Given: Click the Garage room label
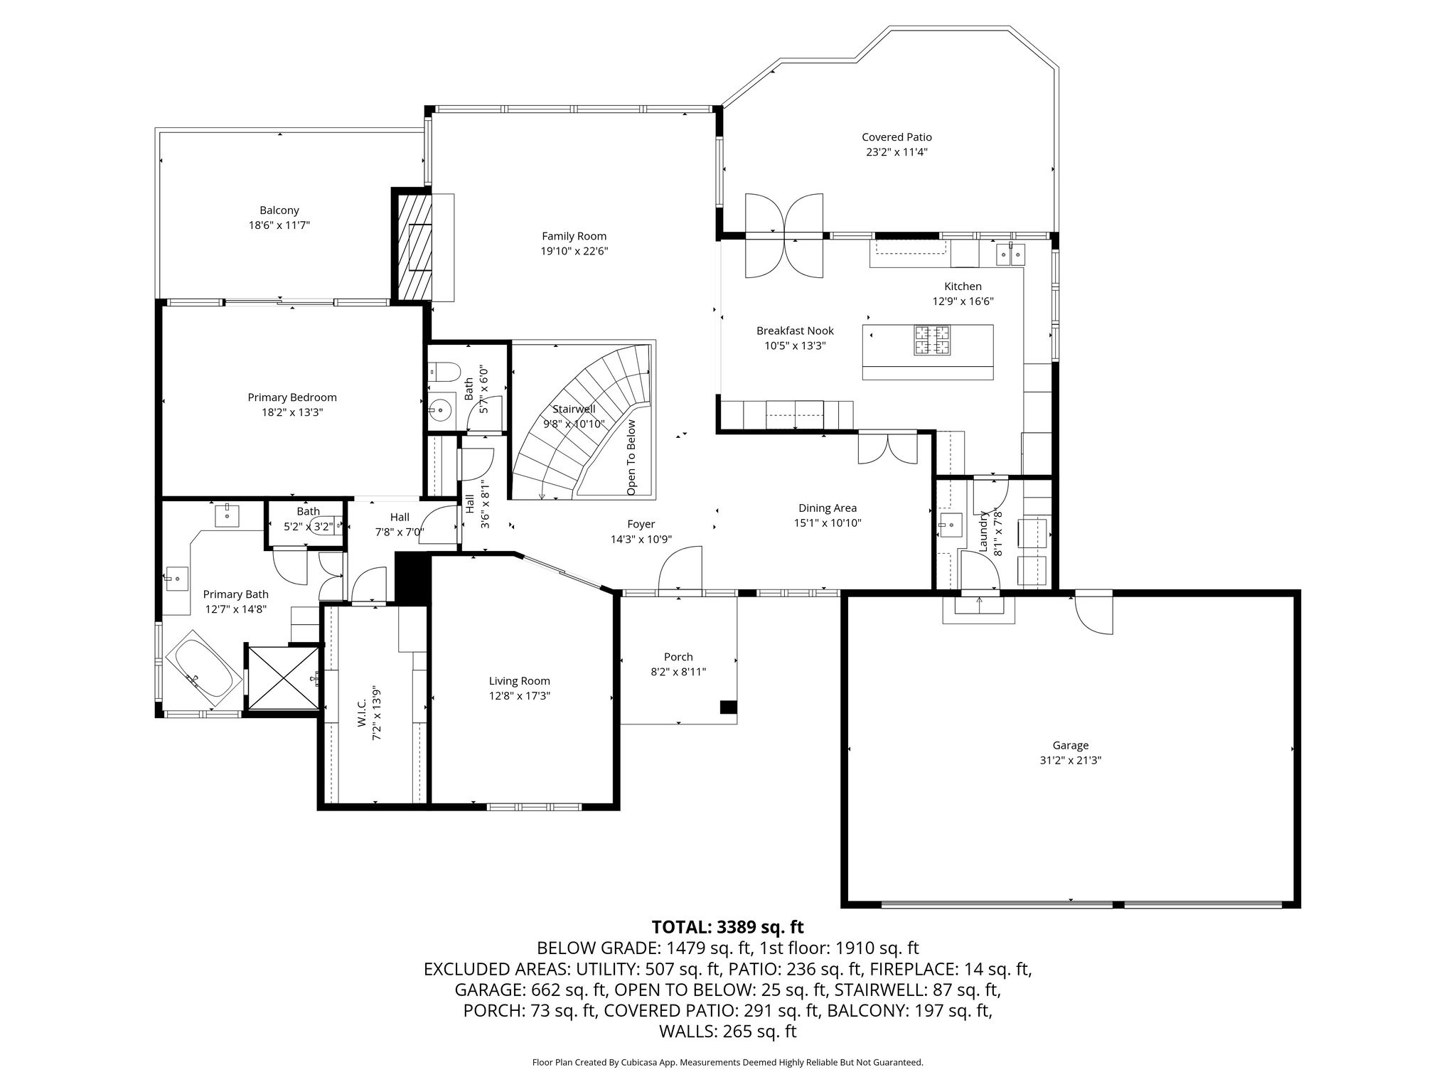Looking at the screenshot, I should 1070,745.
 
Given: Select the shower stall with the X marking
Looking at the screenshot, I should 283,677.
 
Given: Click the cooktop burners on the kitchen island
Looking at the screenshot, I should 932,340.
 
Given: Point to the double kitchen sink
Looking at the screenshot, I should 1010,252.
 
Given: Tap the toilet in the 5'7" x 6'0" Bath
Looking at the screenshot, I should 444,371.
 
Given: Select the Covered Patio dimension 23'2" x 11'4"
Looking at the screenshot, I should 896,152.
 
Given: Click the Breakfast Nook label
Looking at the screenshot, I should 795,331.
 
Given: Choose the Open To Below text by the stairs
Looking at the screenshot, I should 631,457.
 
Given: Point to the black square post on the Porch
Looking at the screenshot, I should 728,707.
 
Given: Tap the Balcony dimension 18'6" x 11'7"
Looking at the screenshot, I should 279,225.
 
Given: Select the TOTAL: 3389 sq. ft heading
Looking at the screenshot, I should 727,927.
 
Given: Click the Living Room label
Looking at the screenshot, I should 519,681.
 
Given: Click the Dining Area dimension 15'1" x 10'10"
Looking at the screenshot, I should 828,523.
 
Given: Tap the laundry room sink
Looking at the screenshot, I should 949,525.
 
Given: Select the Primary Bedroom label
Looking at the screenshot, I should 292,397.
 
